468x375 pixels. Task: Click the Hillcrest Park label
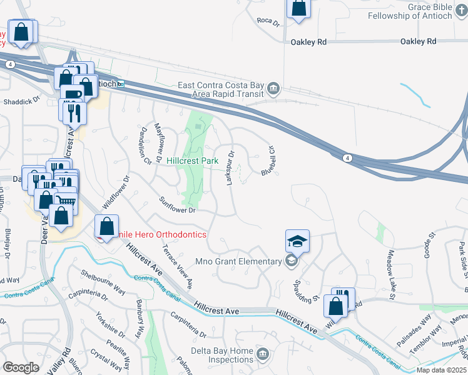192,161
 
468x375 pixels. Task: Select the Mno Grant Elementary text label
239,261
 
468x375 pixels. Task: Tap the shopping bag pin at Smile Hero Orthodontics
107,227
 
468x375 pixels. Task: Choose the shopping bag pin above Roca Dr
299,9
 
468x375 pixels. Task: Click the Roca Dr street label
268,21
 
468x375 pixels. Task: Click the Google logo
21,367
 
